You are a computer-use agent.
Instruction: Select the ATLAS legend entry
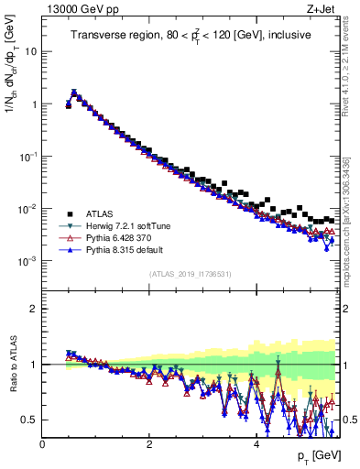click(x=95, y=213)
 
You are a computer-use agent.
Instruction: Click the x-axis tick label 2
click(x=148, y=443)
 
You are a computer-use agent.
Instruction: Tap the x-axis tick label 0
click(x=43, y=443)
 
